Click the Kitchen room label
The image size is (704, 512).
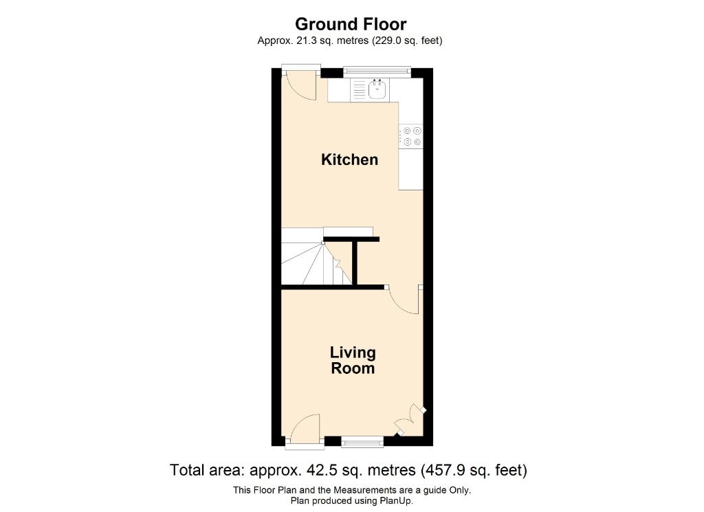coord(349,159)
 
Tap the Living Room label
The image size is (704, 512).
coord(353,360)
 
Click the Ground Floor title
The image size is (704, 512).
coord(351,24)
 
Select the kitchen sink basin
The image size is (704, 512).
coord(377,90)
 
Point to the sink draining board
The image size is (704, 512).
coord(360,89)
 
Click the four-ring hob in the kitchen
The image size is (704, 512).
coord(411,136)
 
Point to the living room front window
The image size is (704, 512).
coord(362,443)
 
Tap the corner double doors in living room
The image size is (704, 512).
coord(410,420)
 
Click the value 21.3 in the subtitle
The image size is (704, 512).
coord(306,41)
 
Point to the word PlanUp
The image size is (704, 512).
coord(396,501)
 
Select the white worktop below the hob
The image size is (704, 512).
coord(411,169)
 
